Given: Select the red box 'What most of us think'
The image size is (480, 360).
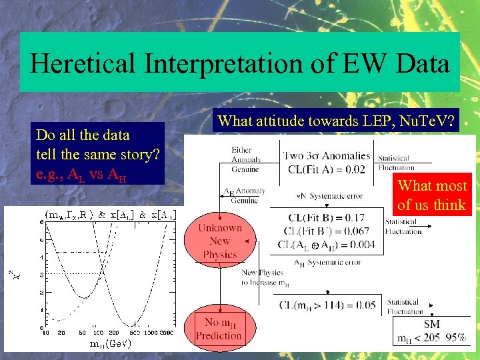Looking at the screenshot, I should [x=431, y=195].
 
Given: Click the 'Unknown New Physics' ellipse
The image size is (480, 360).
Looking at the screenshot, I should [x=220, y=241].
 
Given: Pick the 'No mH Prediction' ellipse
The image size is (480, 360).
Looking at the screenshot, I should [x=219, y=329].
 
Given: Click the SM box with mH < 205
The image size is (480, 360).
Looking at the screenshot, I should [x=431, y=331].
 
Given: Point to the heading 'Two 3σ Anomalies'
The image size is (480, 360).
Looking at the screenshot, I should [x=325, y=156].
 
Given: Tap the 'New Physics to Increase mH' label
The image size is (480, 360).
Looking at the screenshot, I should [x=265, y=278].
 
